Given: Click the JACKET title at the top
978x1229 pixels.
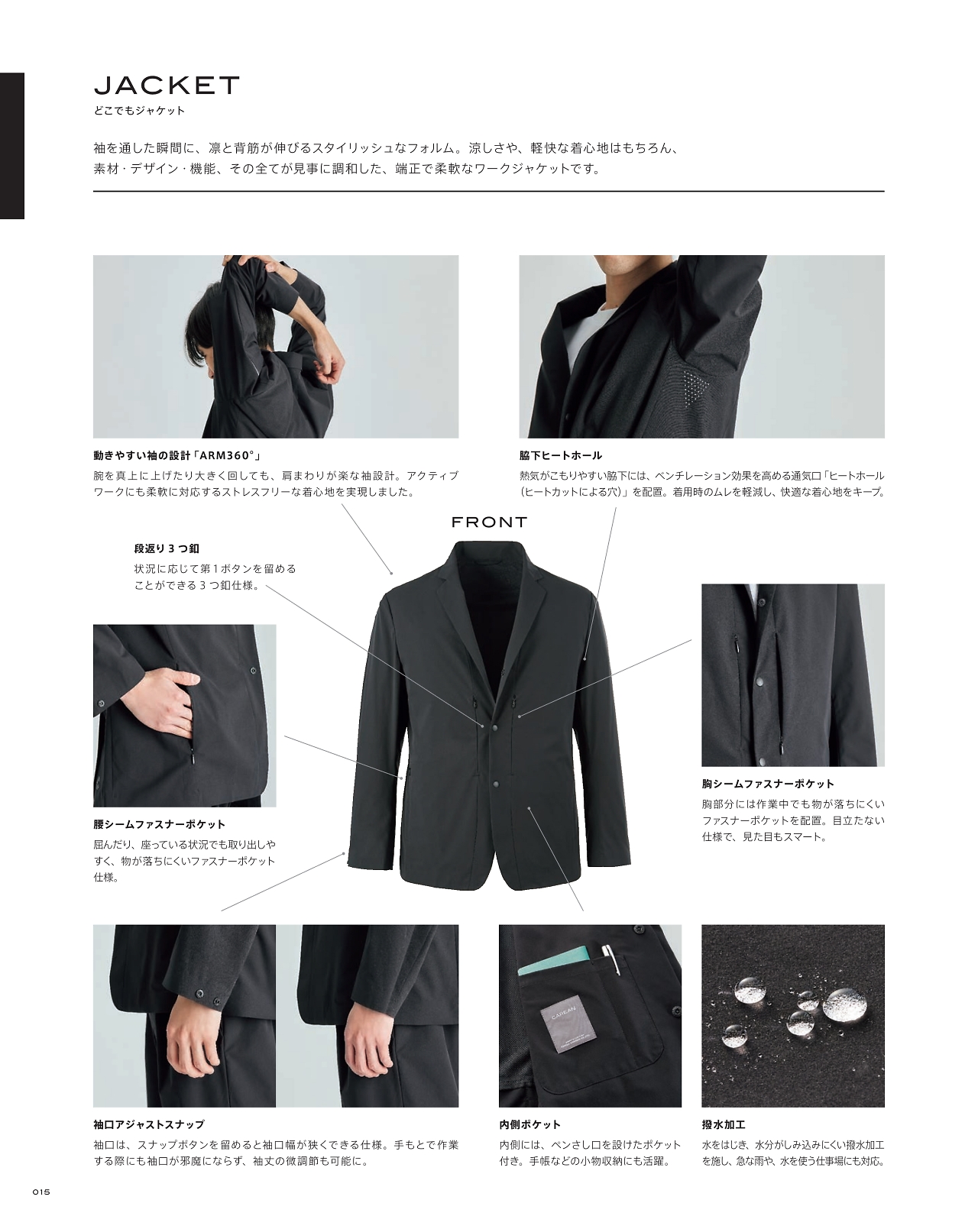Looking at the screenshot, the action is click(167, 86).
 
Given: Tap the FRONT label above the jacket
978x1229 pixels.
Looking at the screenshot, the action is click(489, 522).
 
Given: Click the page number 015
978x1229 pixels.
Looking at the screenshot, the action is click(41, 1192).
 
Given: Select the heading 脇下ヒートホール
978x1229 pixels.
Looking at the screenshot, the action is click(560, 455).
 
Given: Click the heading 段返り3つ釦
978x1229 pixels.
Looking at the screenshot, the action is click(167, 548).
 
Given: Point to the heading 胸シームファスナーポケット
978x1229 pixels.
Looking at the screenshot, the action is click(768, 784).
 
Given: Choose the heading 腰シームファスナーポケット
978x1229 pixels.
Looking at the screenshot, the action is click(160, 824).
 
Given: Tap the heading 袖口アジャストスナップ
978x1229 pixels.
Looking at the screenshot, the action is click(148, 1124).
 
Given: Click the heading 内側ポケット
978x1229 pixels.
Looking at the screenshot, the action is click(529, 1124).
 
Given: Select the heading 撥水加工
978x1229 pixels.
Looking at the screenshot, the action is click(724, 1124).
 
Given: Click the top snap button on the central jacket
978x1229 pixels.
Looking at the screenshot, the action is click(494, 726).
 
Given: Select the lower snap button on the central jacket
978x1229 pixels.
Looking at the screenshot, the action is click(494, 784).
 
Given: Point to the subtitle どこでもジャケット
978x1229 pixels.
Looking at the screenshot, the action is click(139, 110).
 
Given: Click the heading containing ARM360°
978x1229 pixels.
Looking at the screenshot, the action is click(177, 455).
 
